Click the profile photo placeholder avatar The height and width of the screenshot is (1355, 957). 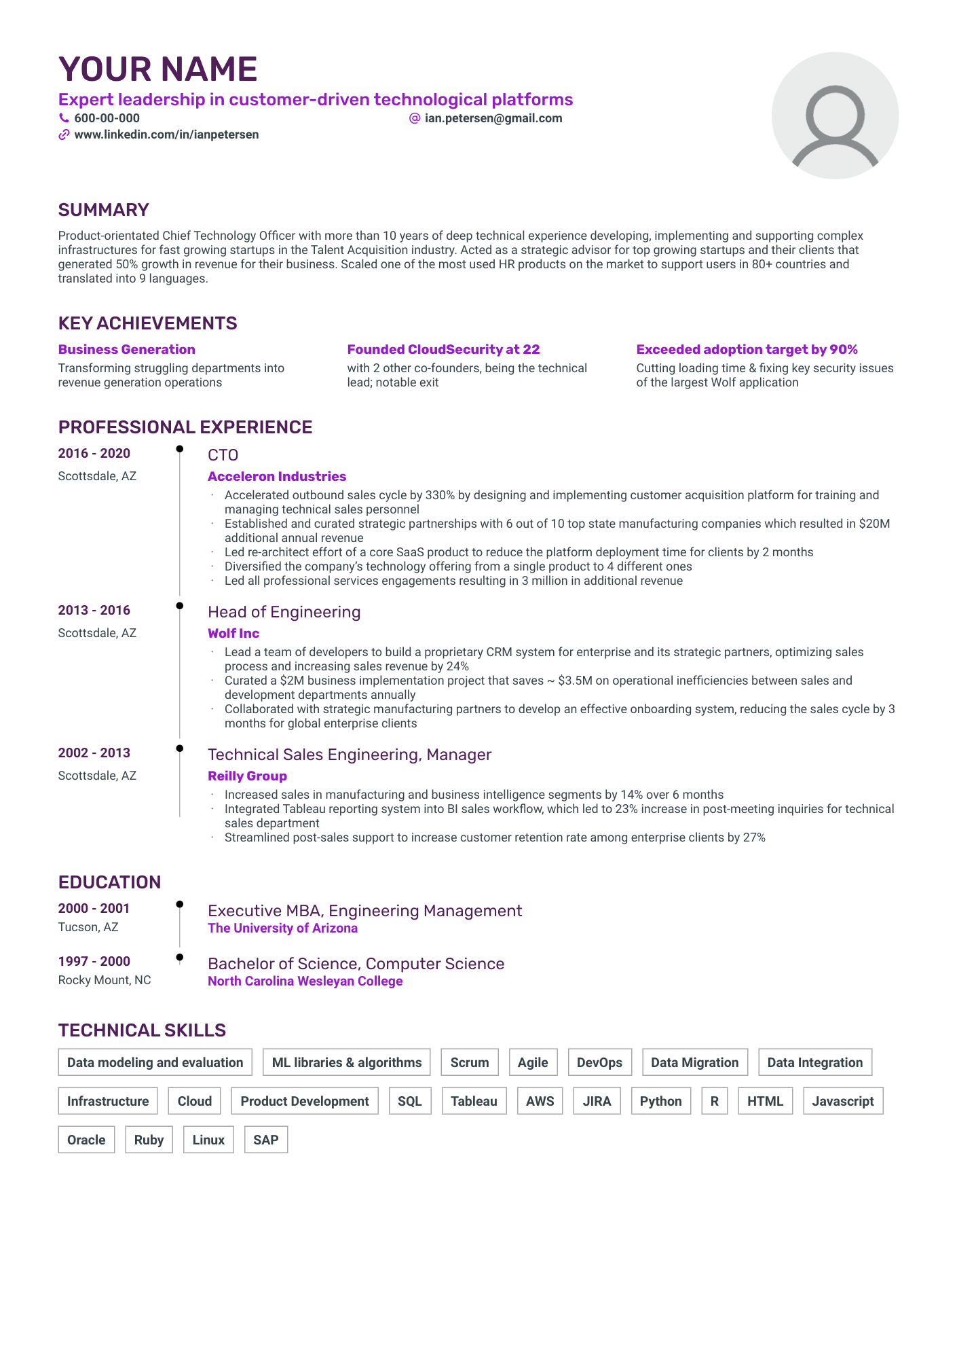pyautogui.click(x=834, y=116)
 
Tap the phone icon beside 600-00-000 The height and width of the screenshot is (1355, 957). pyautogui.click(x=64, y=118)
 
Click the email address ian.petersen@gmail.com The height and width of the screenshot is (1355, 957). pyautogui.click(x=493, y=118)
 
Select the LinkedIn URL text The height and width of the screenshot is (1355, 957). pyautogui.click(x=166, y=134)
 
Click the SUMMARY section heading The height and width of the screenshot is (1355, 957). pyautogui.click(x=103, y=210)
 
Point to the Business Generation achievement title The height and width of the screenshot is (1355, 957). pyautogui.click(x=126, y=349)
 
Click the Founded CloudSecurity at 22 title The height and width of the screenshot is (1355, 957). pyautogui.click(x=443, y=349)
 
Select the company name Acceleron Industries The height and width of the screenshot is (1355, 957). pyautogui.click(x=277, y=476)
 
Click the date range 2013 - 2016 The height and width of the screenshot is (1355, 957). pyautogui.click(x=94, y=610)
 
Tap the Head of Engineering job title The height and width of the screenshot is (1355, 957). pyautogui.click(x=284, y=612)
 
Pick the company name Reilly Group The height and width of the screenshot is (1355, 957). pyautogui.click(x=247, y=776)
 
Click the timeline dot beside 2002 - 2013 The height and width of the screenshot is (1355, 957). pyautogui.click(x=180, y=748)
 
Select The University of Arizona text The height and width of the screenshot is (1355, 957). pyautogui.click(x=282, y=928)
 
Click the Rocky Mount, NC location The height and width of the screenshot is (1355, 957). pyautogui.click(x=105, y=980)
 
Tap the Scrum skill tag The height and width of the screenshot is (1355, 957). pyautogui.click(x=470, y=1062)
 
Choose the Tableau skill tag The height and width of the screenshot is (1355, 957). pyautogui.click(x=474, y=1101)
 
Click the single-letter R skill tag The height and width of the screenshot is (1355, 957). pyautogui.click(x=714, y=1101)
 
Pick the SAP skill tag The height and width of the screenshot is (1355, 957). pyautogui.click(x=265, y=1140)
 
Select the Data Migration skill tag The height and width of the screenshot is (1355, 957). pyautogui.click(x=694, y=1062)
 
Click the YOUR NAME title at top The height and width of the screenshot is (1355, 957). pyautogui.click(x=158, y=69)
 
